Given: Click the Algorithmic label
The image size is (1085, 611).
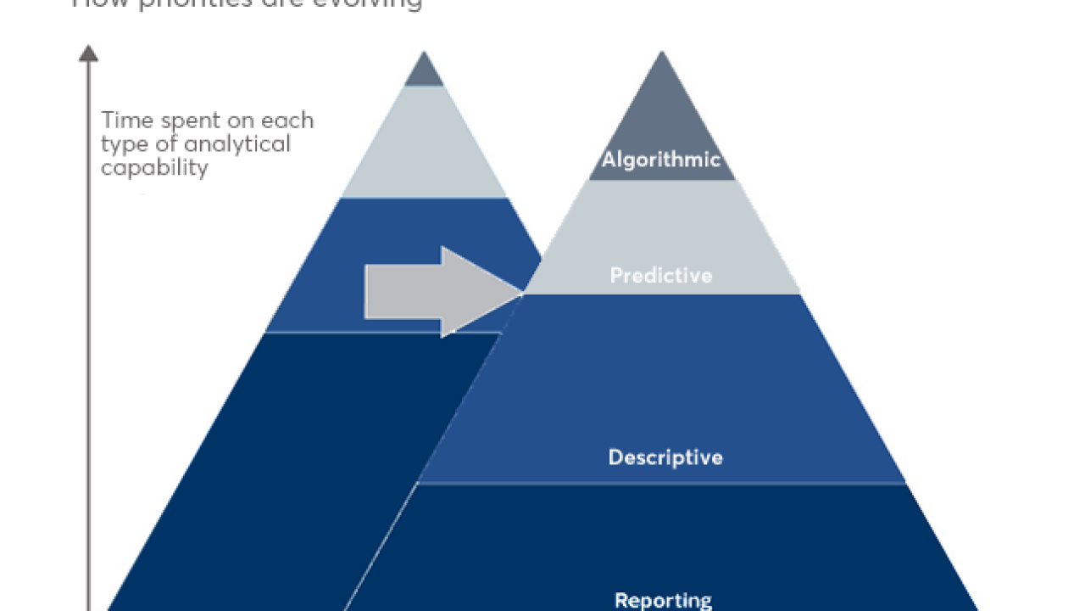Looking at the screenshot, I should click(x=661, y=160).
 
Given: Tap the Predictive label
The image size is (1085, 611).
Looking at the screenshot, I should click(x=661, y=276).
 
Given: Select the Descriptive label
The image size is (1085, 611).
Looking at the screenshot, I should click(x=665, y=457).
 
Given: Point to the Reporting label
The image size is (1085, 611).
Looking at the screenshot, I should click(x=663, y=600).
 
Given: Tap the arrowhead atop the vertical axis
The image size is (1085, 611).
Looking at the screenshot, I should click(x=88, y=53).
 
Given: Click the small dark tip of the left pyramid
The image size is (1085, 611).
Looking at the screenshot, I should click(x=424, y=72).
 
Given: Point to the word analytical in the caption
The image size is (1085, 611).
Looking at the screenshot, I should click(x=238, y=144).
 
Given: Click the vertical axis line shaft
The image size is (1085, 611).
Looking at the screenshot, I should click(x=88, y=339).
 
